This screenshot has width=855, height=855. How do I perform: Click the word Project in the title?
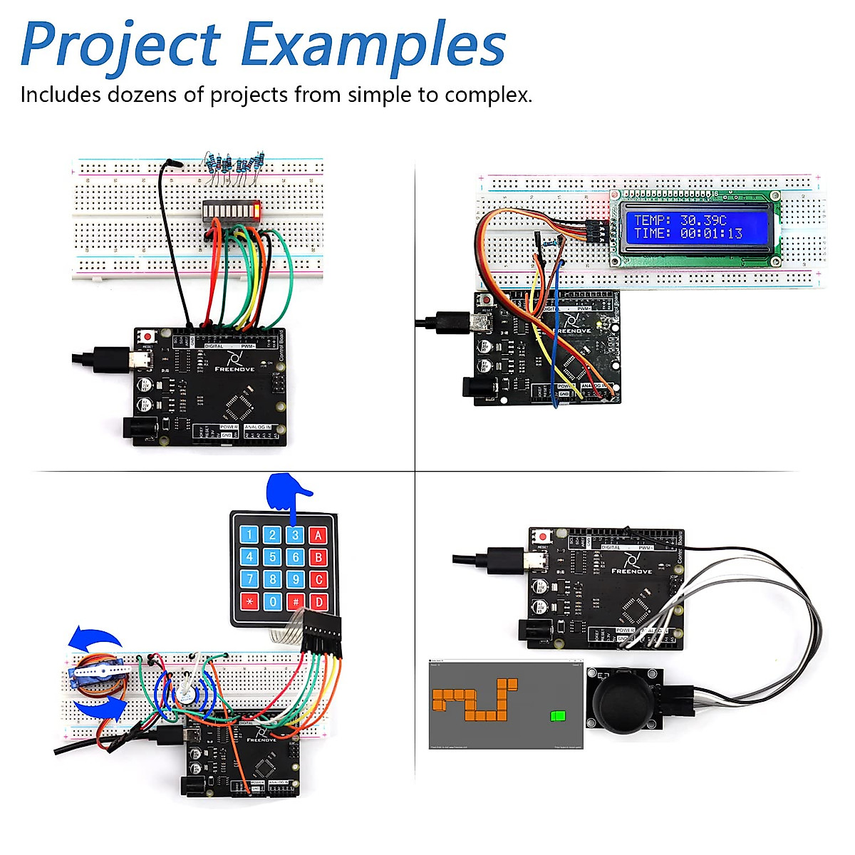[121, 46]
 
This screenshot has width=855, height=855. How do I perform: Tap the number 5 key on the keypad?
[272, 557]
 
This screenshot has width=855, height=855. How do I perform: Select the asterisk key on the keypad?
[249, 602]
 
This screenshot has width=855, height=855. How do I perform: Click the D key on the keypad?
[318, 602]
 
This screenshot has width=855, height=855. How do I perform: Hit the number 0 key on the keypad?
[272, 602]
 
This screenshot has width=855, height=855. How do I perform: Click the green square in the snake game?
[559, 715]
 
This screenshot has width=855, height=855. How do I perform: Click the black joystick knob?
[622, 701]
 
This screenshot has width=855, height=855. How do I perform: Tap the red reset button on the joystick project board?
[544, 537]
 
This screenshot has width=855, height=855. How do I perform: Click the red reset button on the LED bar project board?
[147, 336]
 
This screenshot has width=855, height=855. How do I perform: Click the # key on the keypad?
[296, 602]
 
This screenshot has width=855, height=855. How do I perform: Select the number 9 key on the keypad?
[296, 580]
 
